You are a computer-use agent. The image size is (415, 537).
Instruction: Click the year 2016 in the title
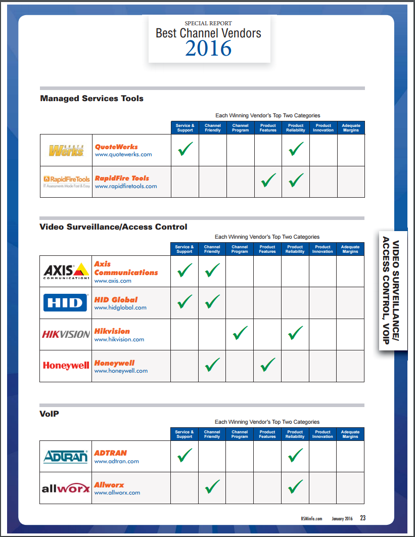tap(208, 49)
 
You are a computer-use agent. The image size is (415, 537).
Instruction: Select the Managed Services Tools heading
tap(91, 99)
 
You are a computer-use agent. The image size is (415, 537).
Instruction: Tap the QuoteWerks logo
tap(66, 150)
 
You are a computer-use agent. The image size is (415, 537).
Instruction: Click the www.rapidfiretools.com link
tap(126, 186)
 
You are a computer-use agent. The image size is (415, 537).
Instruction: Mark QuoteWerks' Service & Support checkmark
tap(186, 149)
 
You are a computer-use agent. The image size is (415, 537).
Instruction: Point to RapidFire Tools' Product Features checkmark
tap(268, 181)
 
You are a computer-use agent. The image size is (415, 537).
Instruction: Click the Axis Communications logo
tap(66, 271)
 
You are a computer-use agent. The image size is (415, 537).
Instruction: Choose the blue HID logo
tap(66, 302)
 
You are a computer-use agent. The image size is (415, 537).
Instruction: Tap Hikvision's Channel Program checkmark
tap(240, 333)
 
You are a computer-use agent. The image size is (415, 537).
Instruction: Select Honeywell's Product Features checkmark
tap(267, 364)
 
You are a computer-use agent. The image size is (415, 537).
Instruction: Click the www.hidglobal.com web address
tap(120, 307)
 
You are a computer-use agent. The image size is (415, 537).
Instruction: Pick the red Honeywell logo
tap(66, 366)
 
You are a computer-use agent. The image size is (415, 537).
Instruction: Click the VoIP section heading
tap(50, 414)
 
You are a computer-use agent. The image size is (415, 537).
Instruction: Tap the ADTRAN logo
tap(66, 457)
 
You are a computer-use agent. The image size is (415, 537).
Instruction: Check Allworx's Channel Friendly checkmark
tap(212, 487)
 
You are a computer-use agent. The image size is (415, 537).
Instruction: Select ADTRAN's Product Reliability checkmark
tap(295, 456)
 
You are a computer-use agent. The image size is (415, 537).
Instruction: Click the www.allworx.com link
tap(117, 493)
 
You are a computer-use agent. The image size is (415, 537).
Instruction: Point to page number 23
tap(363, 518)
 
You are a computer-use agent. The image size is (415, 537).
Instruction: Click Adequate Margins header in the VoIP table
tap(350, 434)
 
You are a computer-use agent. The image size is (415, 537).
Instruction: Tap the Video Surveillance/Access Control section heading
tap(113, 227)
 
